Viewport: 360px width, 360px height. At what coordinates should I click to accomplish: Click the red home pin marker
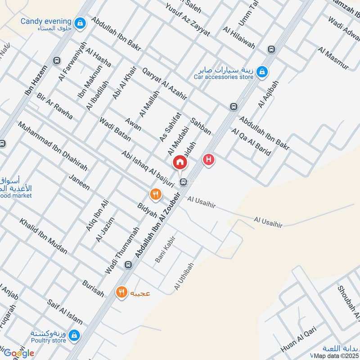coord(180,161)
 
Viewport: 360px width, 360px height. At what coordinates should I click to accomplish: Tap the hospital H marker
coord(208,159)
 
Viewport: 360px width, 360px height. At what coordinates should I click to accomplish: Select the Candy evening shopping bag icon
coord(81,22)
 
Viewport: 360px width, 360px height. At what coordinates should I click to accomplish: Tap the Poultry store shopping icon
coord(75,335)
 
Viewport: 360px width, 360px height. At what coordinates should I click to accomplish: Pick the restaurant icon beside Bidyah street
coord(155,194)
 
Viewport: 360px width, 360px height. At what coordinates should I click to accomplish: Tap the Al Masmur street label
coord(333,58)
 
